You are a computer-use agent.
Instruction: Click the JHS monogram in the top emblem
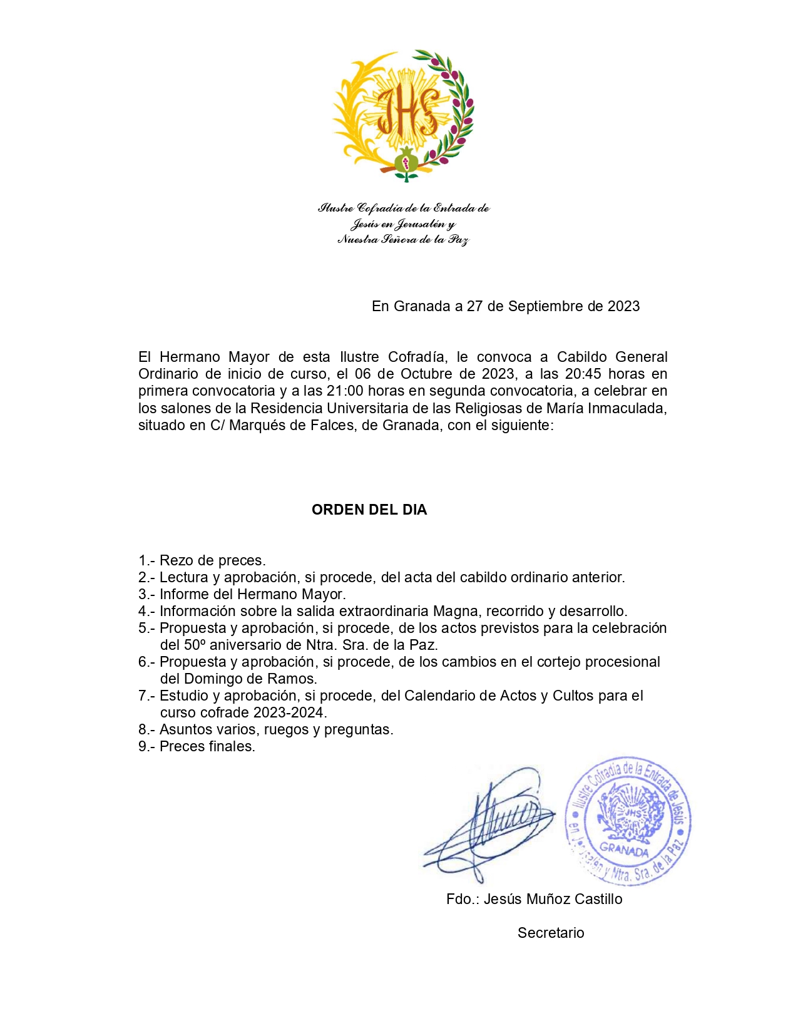[409, 110]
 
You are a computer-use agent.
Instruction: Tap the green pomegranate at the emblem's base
[406, 163]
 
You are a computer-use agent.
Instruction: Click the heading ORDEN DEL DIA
[369, 510]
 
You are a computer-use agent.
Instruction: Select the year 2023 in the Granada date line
[623, 306]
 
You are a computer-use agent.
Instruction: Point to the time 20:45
[585, 374]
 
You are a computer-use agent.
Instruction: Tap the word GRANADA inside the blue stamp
[624, 850]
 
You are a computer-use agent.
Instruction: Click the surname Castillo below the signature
[598, 899]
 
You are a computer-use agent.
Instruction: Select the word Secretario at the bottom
[551, 933]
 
